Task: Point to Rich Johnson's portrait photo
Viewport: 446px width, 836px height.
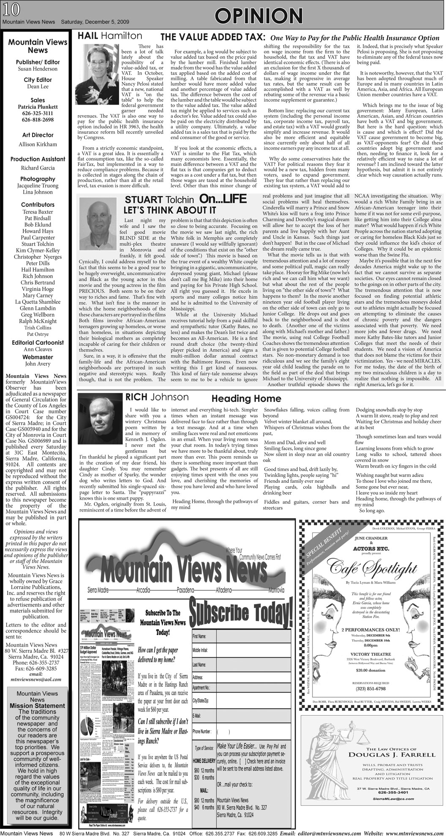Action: coord(100,425)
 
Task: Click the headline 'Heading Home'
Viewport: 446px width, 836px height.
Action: coord(246,399)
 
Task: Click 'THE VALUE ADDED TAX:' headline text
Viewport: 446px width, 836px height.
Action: coord(213,37)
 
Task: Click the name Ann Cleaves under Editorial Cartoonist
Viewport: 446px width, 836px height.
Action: coord(38,349)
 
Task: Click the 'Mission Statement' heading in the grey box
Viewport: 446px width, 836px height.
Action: coord(38,717)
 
